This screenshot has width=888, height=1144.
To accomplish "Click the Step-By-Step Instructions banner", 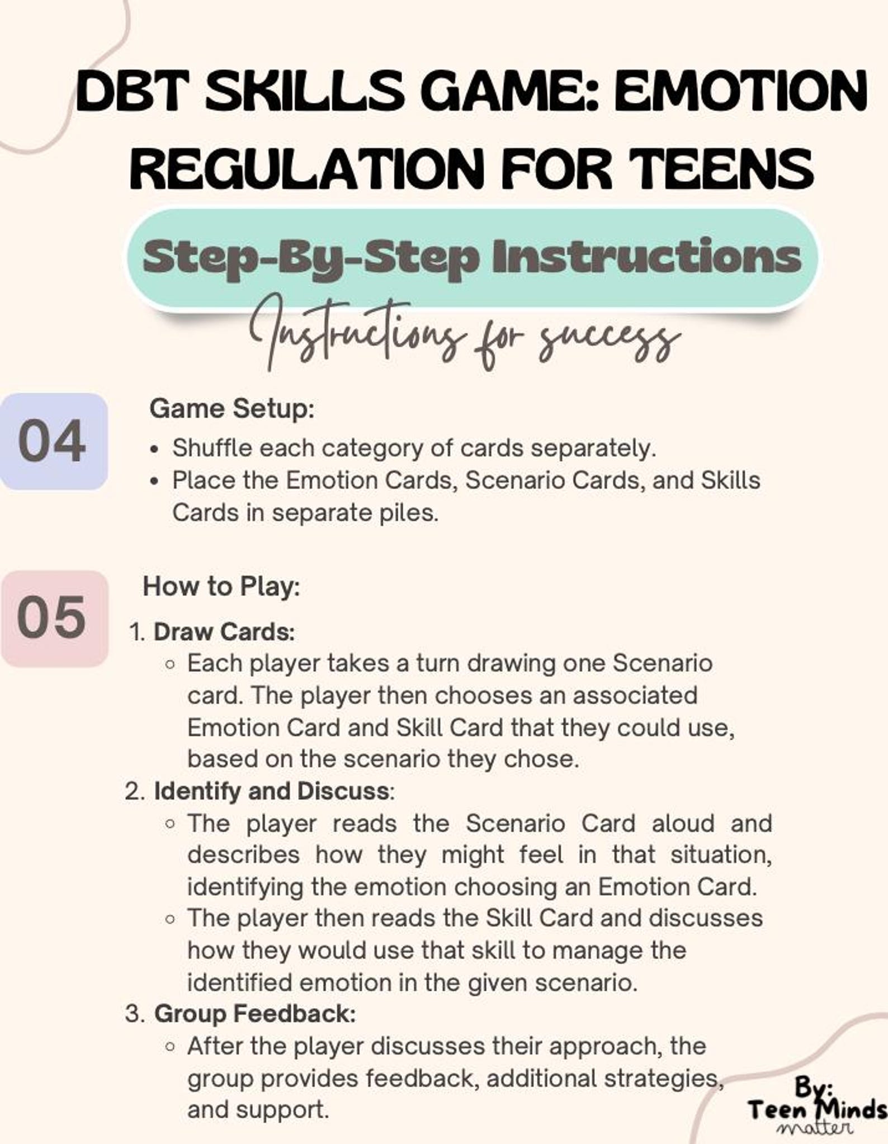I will pyautogui.click(x=472, y=258).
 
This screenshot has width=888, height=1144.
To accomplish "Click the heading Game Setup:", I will pyautogui.click(x=232, y=409).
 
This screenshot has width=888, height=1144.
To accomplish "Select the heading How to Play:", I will pyautogui.click(x=221, y=587).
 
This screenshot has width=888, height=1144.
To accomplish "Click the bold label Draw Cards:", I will pyautogui.click(x=224, y=632).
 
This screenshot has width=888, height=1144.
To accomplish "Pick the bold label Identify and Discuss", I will pyautogui.click(x=271, y=791).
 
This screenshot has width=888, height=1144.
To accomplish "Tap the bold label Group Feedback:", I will pyautogui.click(x=254, y=1014).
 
